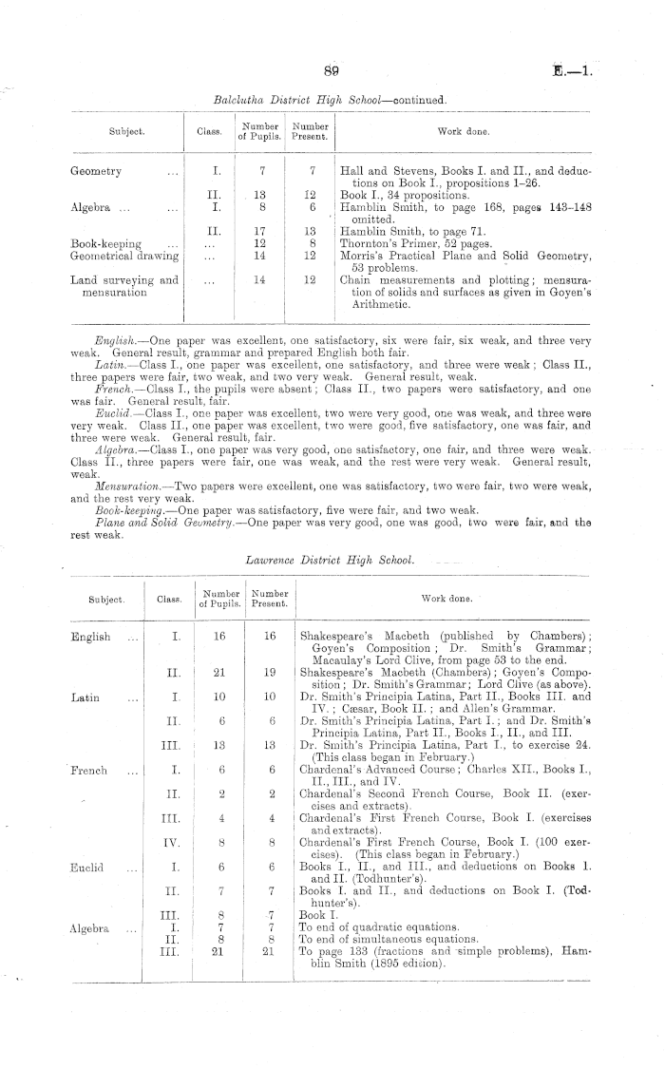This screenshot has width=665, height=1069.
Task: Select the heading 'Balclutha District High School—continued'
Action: point(332,98)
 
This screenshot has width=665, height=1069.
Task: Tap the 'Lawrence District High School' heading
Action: point(331,561)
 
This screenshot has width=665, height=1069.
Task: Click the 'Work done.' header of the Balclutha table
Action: point(462,131)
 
